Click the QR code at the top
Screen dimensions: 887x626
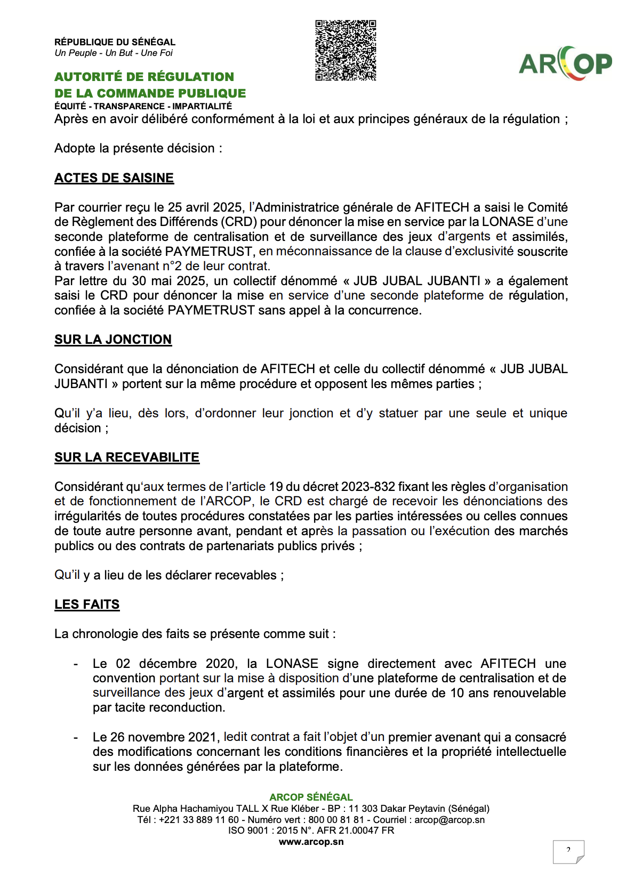[346, 51]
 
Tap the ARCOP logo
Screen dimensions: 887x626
[565, 63]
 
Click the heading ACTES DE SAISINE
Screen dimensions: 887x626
[114, 178]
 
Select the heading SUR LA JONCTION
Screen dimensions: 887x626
[113, 340]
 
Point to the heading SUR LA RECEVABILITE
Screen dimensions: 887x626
[127, 457]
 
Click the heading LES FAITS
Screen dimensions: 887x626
[87, 604]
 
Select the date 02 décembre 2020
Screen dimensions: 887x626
[175, 664]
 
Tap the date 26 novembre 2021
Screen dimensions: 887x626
[163, 737]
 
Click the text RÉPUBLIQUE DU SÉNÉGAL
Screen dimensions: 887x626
[115, 42]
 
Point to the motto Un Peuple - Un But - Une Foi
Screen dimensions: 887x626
[114, 53]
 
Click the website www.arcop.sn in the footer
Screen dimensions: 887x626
[311, 842]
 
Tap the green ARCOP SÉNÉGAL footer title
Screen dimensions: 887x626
[311, 797]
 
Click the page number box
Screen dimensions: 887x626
[568, 851]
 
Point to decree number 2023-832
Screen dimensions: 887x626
[368, 487]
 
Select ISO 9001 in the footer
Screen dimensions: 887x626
[248, 830]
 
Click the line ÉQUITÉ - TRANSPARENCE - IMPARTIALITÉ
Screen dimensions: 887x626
[143, 106]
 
